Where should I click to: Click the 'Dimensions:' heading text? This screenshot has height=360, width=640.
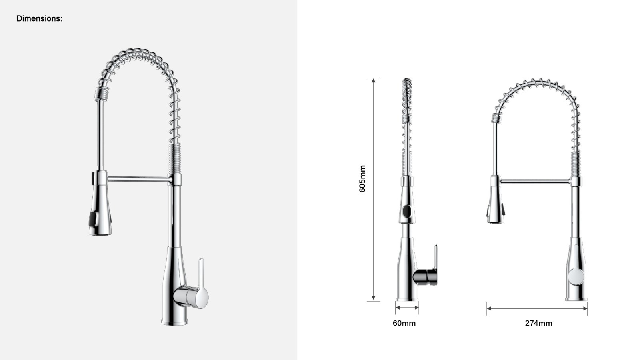39,18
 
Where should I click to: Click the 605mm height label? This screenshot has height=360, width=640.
362,179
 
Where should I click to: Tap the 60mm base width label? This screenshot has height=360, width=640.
404,323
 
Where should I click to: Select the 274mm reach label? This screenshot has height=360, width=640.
538,323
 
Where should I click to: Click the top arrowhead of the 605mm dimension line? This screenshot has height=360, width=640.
373,80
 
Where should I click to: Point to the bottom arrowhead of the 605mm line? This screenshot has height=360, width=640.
373,298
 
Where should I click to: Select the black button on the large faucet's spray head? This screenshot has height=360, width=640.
92,220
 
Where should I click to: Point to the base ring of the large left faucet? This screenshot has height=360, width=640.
174,321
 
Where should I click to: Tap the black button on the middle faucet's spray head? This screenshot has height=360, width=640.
406,211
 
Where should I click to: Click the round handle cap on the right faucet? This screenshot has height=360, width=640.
576,276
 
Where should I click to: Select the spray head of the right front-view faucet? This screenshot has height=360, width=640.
495,204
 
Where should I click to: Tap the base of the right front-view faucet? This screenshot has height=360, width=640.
576,298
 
